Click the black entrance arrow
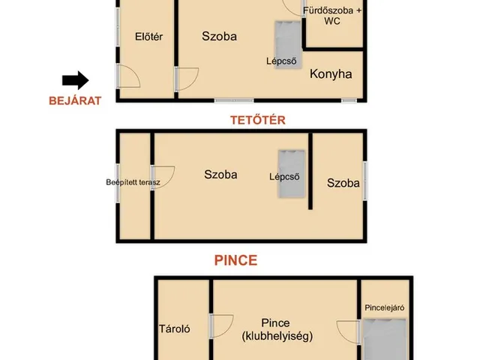[76, 80]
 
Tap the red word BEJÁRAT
[75, 100]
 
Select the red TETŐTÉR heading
[258, 120]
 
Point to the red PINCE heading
[235, 260]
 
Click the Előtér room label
[148, 37]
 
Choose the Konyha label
[331, 74]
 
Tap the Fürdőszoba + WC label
[332, 16]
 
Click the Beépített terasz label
[133, 182]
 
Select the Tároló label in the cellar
[175, 328]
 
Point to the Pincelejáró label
[385, 307]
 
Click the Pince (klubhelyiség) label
[277, 329]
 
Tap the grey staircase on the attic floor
[292, 173]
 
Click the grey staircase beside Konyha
[288, 44]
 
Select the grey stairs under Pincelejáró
[385, 339]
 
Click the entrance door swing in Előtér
[128, 76]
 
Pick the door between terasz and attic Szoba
[163, 178]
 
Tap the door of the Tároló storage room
[221, 326]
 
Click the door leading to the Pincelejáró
[348, 332]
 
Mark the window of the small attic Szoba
[365, 181]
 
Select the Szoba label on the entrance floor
[220, 37]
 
